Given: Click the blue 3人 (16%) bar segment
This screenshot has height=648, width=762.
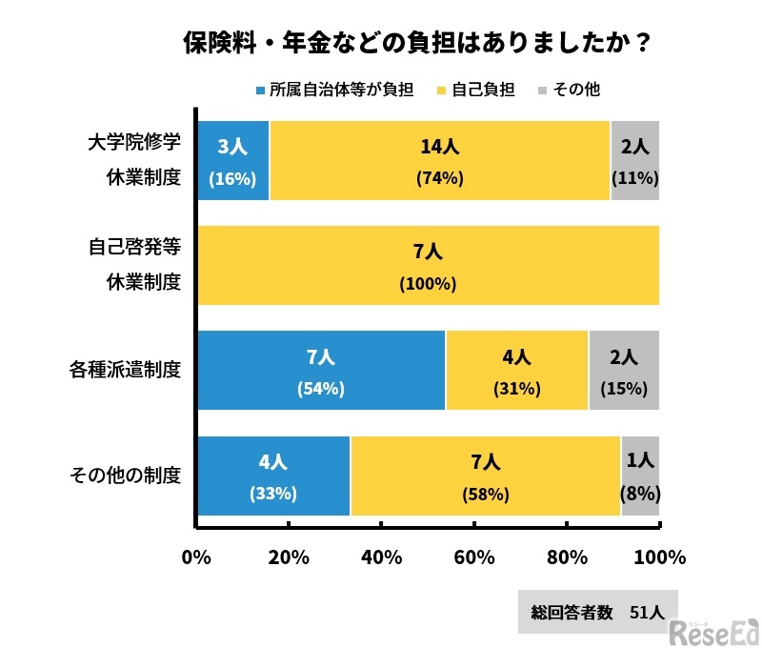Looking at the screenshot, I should coord(233,161).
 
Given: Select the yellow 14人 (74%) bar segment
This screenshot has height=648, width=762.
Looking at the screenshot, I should coord(439,161).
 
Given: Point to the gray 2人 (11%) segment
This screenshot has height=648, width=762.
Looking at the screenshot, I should coord(634,161).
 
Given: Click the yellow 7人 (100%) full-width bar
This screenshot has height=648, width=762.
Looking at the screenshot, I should coord(428,266).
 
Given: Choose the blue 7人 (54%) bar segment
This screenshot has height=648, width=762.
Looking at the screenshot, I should coord(321,371).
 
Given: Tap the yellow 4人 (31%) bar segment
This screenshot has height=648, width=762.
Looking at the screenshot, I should coord(516,371).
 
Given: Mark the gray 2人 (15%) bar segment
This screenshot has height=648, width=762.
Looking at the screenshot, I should coord(624,371).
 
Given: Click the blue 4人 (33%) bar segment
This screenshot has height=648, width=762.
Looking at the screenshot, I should coord(273,476).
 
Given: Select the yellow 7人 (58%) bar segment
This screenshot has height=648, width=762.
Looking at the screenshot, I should coord(485,476).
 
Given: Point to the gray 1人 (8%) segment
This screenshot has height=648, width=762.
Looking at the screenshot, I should coord(640,476).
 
